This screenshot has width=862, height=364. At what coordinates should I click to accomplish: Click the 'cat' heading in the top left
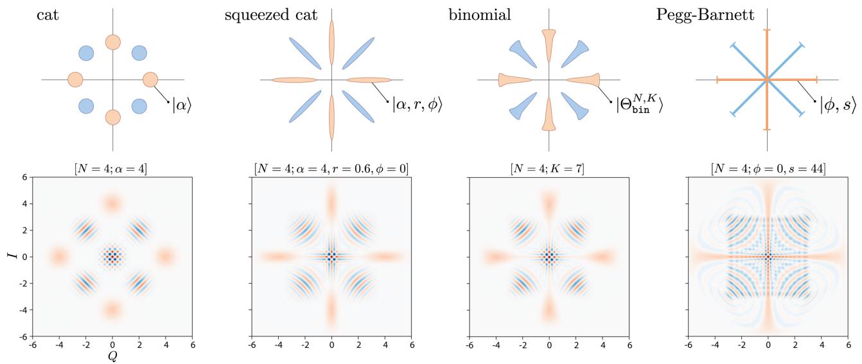coord(48,15)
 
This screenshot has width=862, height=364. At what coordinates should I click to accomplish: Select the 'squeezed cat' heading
coord(271,15)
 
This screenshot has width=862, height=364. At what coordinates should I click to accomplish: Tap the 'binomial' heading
coord(480,15)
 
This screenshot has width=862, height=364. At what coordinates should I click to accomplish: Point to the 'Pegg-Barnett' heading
coord(705,15)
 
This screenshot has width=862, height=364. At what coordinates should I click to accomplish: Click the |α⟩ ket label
coord(182,105)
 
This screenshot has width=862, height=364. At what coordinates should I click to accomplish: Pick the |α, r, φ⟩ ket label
coord(417,105)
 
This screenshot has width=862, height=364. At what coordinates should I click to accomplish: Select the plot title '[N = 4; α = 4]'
coord(110,169)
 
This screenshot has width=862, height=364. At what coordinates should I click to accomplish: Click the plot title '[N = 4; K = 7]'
coord(547,169)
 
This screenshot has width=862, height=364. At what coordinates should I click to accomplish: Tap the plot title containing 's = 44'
coord(768,169)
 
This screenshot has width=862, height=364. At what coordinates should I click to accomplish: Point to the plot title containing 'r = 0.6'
coord(331,169)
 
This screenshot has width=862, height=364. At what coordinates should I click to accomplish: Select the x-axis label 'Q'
coord(112,357)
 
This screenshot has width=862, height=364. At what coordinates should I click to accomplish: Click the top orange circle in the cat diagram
coord(113,42)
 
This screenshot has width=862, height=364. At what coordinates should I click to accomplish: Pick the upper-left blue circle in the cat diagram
coord(86,53)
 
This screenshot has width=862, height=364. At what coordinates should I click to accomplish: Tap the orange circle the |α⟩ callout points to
coord(150,80)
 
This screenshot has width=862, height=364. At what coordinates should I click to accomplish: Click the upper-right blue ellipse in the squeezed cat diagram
coord(358,53)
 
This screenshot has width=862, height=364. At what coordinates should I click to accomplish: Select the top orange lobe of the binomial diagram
coord(549,46)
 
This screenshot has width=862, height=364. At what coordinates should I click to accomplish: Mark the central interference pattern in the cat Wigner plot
coord(112,256)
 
